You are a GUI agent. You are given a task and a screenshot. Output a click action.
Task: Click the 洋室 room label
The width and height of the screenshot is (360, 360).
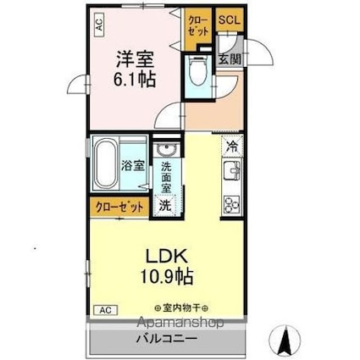(x=136, y=59)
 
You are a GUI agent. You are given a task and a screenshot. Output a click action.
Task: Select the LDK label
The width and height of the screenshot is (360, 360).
(x=166, y=257)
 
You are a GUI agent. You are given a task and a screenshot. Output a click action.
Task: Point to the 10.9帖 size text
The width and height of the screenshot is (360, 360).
(x=167, y=276)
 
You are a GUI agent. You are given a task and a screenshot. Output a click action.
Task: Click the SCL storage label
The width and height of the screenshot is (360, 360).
(x=230, y=19)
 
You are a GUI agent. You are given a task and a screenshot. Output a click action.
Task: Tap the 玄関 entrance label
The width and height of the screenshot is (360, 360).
(x=230, y=59)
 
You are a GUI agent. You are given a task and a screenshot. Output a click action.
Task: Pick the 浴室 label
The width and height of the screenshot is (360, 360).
(x=133, y=166)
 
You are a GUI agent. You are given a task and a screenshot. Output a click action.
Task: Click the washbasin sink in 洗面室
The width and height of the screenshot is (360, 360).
(x=167, y=150)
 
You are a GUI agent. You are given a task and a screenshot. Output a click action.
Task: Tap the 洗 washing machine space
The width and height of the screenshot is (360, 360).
(x=166, y=205)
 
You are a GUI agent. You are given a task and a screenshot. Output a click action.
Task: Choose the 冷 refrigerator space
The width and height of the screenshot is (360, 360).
(x=232, y=146)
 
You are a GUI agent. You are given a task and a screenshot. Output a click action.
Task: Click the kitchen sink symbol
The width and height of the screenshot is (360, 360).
(x=232, y=171)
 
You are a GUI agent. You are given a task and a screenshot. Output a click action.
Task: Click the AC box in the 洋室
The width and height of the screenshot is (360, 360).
(x=98, y=25)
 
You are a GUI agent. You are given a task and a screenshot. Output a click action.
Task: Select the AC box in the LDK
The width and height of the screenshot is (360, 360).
(x=106, y=310)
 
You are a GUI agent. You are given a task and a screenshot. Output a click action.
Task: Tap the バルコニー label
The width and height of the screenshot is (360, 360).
(x=167, y=338)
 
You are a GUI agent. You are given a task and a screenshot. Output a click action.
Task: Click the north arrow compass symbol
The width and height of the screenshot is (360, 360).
(x=285, y=339)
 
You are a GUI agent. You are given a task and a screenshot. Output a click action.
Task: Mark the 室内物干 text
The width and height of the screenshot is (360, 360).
(x=181, y=307)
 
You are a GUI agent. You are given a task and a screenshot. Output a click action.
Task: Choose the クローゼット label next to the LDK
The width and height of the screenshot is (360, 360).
(x=119, y=208)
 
